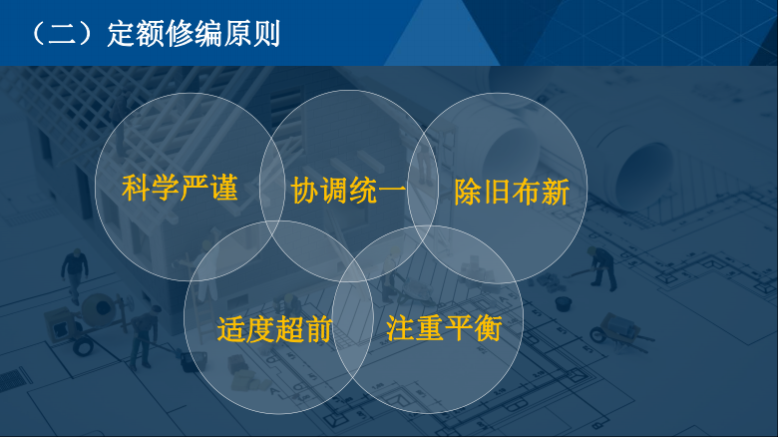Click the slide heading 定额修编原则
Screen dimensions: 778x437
pyautogui.click(x=194, y=34)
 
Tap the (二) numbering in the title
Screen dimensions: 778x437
pyautogui.click(x=63, y=34)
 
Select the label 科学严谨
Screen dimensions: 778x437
pyautogui.click(x=180, y=188)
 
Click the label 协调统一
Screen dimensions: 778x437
pyautogui.click(x=348, y=191)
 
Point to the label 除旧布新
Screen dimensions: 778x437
pyautogui.click(x=512, y=192)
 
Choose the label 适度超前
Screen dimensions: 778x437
pyautogui.click(x=274, y=328)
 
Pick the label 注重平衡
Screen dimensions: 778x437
pyautogui.click(x=444, y=327)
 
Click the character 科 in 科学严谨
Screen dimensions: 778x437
pyautogui.click(x=136, y=188)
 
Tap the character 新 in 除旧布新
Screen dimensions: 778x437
pyautogui.click(x=556, y=192)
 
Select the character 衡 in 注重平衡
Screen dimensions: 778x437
pyautogui.click(x=487, y=327)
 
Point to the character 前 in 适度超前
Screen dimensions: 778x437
pyautogui.click(x=318, y=328)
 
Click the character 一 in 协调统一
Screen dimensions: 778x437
pyautogui.click(x=392, y=191)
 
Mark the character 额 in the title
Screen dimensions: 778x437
pyautogui.click(x=151, y=34)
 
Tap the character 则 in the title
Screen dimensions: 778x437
pyautogui.click(x=267, y=34)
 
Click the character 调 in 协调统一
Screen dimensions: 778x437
pyautogui.click(x=334, y=191)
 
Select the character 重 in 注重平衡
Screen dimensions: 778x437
pyautogui.click(x=429, y=327)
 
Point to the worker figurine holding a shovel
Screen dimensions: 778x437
pyautogui.click(x=602, y=267)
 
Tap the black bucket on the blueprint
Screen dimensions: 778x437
pyautogui.click(x=564, y=303)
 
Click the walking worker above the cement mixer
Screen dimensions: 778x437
pyautogui.click(x=75, y=274)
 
